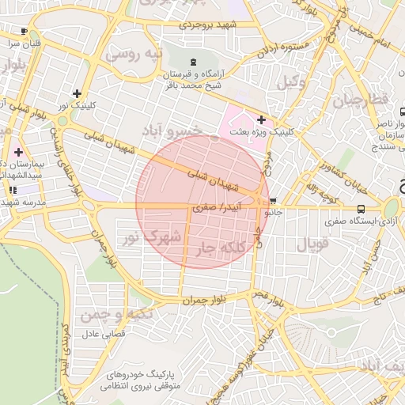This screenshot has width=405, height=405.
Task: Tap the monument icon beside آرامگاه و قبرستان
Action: (x=194, y=62)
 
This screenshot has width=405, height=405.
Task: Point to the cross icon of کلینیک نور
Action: (x=76, y=93)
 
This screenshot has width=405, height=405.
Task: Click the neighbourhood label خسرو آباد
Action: (x=172, y=129)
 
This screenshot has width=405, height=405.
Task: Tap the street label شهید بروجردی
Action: (x=208, y=25)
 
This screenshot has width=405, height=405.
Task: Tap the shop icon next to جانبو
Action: (x=274, y=201)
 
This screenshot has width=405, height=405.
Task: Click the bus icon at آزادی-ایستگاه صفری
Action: (x=361, y=209)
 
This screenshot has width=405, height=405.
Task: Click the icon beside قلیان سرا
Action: (x=24, y=31)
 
